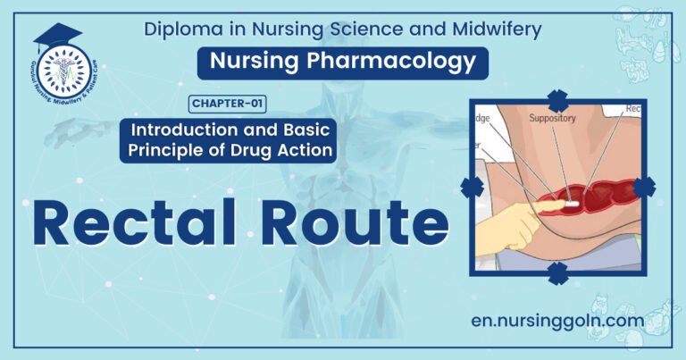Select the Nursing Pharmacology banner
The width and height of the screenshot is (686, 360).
click(x=343, y=62)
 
